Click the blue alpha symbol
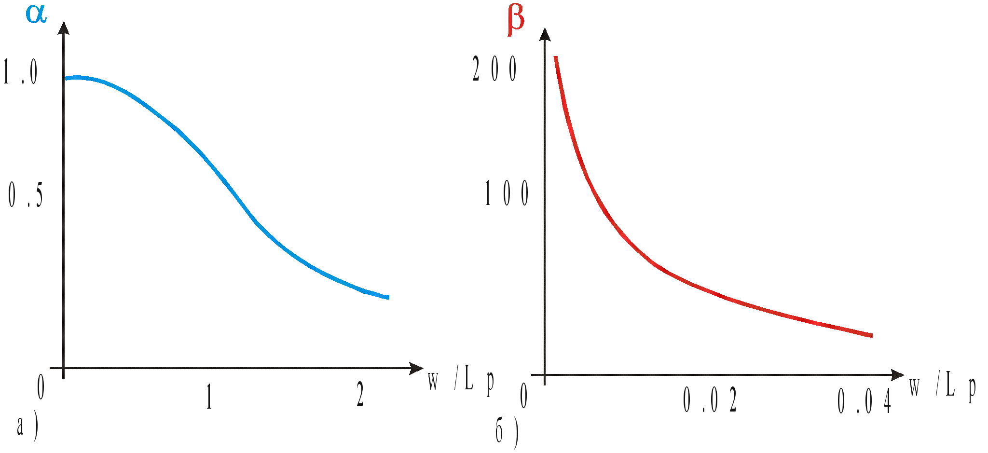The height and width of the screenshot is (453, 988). pyautogui.click(x=36, y=13)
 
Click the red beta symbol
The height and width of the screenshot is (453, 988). pyautogui.click(x=515, y=22)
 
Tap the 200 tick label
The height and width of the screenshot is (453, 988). pyautogui.click(x=494, y=69)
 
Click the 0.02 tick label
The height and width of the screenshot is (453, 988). pyautogui.click(x=710, y=400)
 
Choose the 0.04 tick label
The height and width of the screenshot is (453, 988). pyautogui.click(x=864, y=401)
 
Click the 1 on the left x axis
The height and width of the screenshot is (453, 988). pyautogui.click(x=209, y=396)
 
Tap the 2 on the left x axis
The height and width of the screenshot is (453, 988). pyautogui.click(x=360, y=394)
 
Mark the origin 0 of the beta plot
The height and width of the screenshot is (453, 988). pyautogui.click(x=523, y=396)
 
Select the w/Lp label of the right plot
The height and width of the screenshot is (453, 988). pyautogui.click(x=942, y=387)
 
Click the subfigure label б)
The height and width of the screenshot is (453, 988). pyautogui.click(x=507, y=433)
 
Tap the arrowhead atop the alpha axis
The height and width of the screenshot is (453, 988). pyautogui.click(x=63, y=27)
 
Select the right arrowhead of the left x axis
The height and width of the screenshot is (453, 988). pyautogui.click(x=416, y=369)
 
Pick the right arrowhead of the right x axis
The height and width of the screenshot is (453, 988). pyautogui.click(x=898, y=375)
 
